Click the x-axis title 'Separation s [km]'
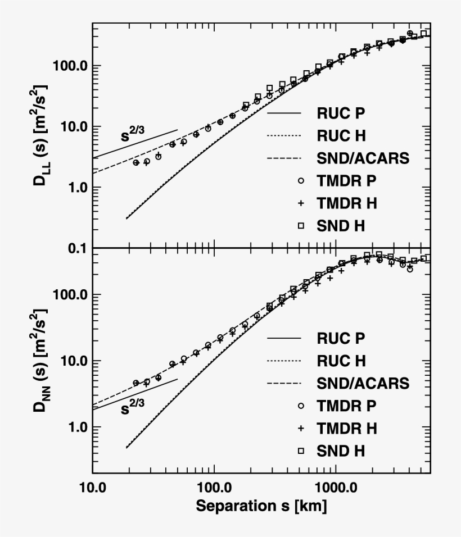[x=261, y=506]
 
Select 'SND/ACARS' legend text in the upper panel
[x=363, y=158]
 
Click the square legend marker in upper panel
[x=301, y=225]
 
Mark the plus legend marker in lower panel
[x=301, y=428]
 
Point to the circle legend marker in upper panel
[x=301, y=181]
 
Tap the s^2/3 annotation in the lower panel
[x=133, y=408]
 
